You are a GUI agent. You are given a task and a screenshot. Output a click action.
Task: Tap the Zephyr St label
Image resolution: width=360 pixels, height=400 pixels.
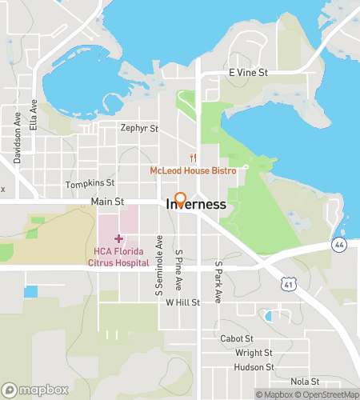[138, 127]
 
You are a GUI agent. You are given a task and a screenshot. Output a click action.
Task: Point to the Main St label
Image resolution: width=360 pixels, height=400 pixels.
[107, 202]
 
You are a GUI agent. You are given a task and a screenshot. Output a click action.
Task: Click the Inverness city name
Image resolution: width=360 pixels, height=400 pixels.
[196, 205]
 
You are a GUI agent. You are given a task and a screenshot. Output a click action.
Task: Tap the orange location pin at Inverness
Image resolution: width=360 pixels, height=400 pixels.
[180, 200]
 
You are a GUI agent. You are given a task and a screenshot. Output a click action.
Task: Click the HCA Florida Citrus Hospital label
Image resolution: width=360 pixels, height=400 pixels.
[116, 257]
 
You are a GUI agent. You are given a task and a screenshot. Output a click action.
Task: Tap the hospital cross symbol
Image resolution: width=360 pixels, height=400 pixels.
[118, 238]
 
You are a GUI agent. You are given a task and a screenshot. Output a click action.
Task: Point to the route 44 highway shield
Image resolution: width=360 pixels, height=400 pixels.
[340, 245]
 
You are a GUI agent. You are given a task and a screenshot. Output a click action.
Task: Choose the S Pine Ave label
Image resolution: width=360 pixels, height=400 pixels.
[180, 269]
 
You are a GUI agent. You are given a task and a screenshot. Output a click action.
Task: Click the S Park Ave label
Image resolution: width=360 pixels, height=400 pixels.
[217, 281]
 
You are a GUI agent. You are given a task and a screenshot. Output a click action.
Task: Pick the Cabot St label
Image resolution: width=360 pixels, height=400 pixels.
[236, 338]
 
